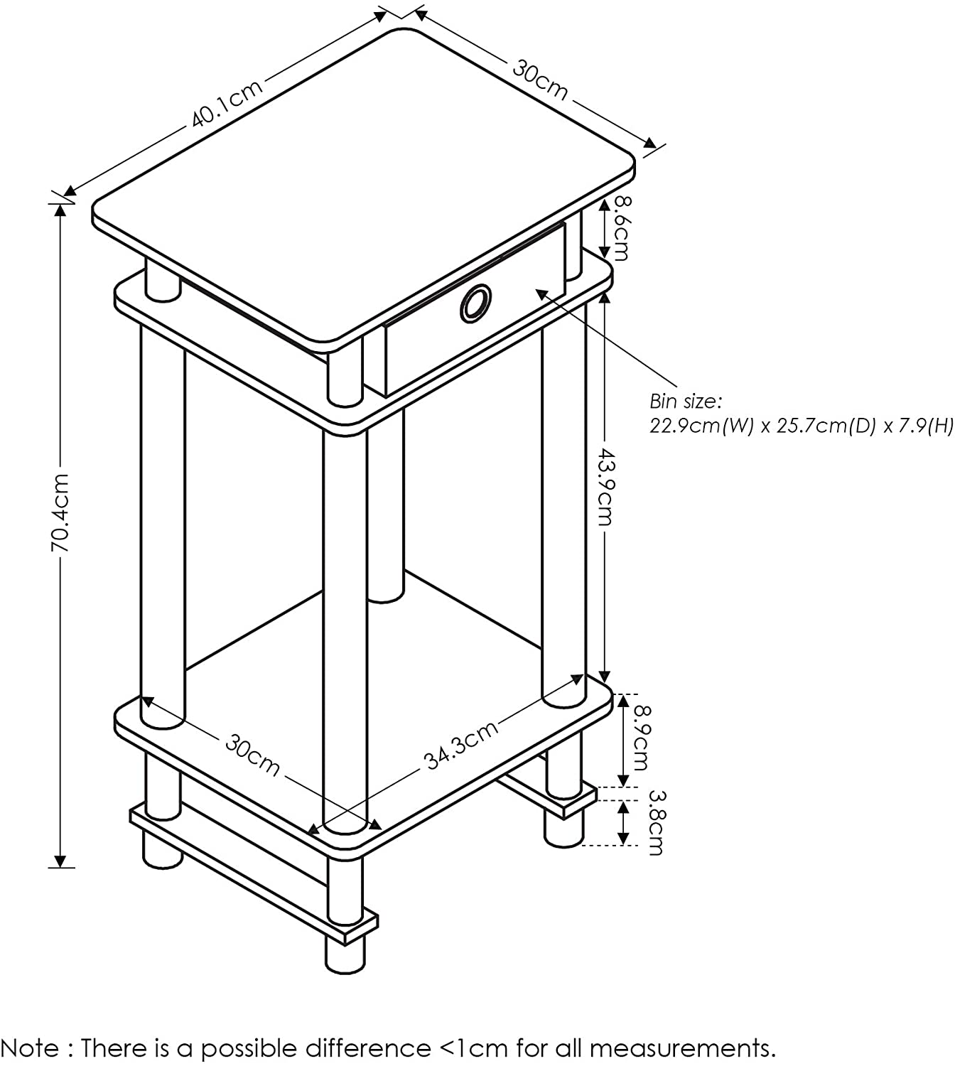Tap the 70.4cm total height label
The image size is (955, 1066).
click(x=60, y=512)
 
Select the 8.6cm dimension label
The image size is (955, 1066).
click(x=622, y=228)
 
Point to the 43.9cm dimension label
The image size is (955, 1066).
click(x=605, y=486)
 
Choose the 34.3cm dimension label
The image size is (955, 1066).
click(x=461, y=745)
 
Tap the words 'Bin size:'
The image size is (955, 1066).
click(x=686, y=402)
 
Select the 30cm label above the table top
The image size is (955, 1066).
click(x=540, y=80)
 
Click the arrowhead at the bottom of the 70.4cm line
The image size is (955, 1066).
click(x=60, y=861)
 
